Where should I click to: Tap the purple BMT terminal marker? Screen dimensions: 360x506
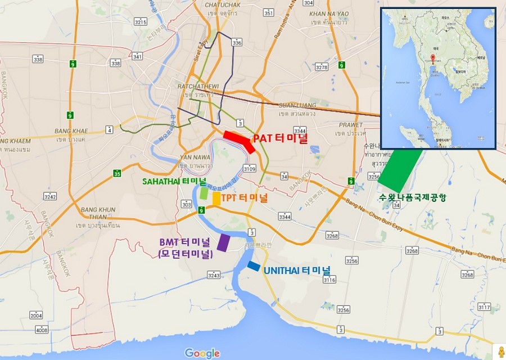tap(223, 242)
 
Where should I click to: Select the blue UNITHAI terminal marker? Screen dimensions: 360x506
tap(254, 266)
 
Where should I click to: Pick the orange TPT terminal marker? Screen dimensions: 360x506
tap(216, 199)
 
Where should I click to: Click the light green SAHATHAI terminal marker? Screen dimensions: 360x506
tap(204, 192)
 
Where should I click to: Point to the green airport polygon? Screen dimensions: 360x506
tap(400, 170)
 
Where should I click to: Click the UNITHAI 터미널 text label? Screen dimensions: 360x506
tap(297, 271)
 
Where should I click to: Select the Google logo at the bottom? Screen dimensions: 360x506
tap(202, 353)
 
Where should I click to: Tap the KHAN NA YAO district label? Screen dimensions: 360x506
tap(332, 13)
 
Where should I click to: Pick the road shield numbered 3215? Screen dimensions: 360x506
tap(141, 22)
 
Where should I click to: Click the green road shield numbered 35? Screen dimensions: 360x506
tap(116, 173)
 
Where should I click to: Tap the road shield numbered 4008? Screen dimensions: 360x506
tap(42, 330)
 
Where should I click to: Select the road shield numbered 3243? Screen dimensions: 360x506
tap(214, 275)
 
